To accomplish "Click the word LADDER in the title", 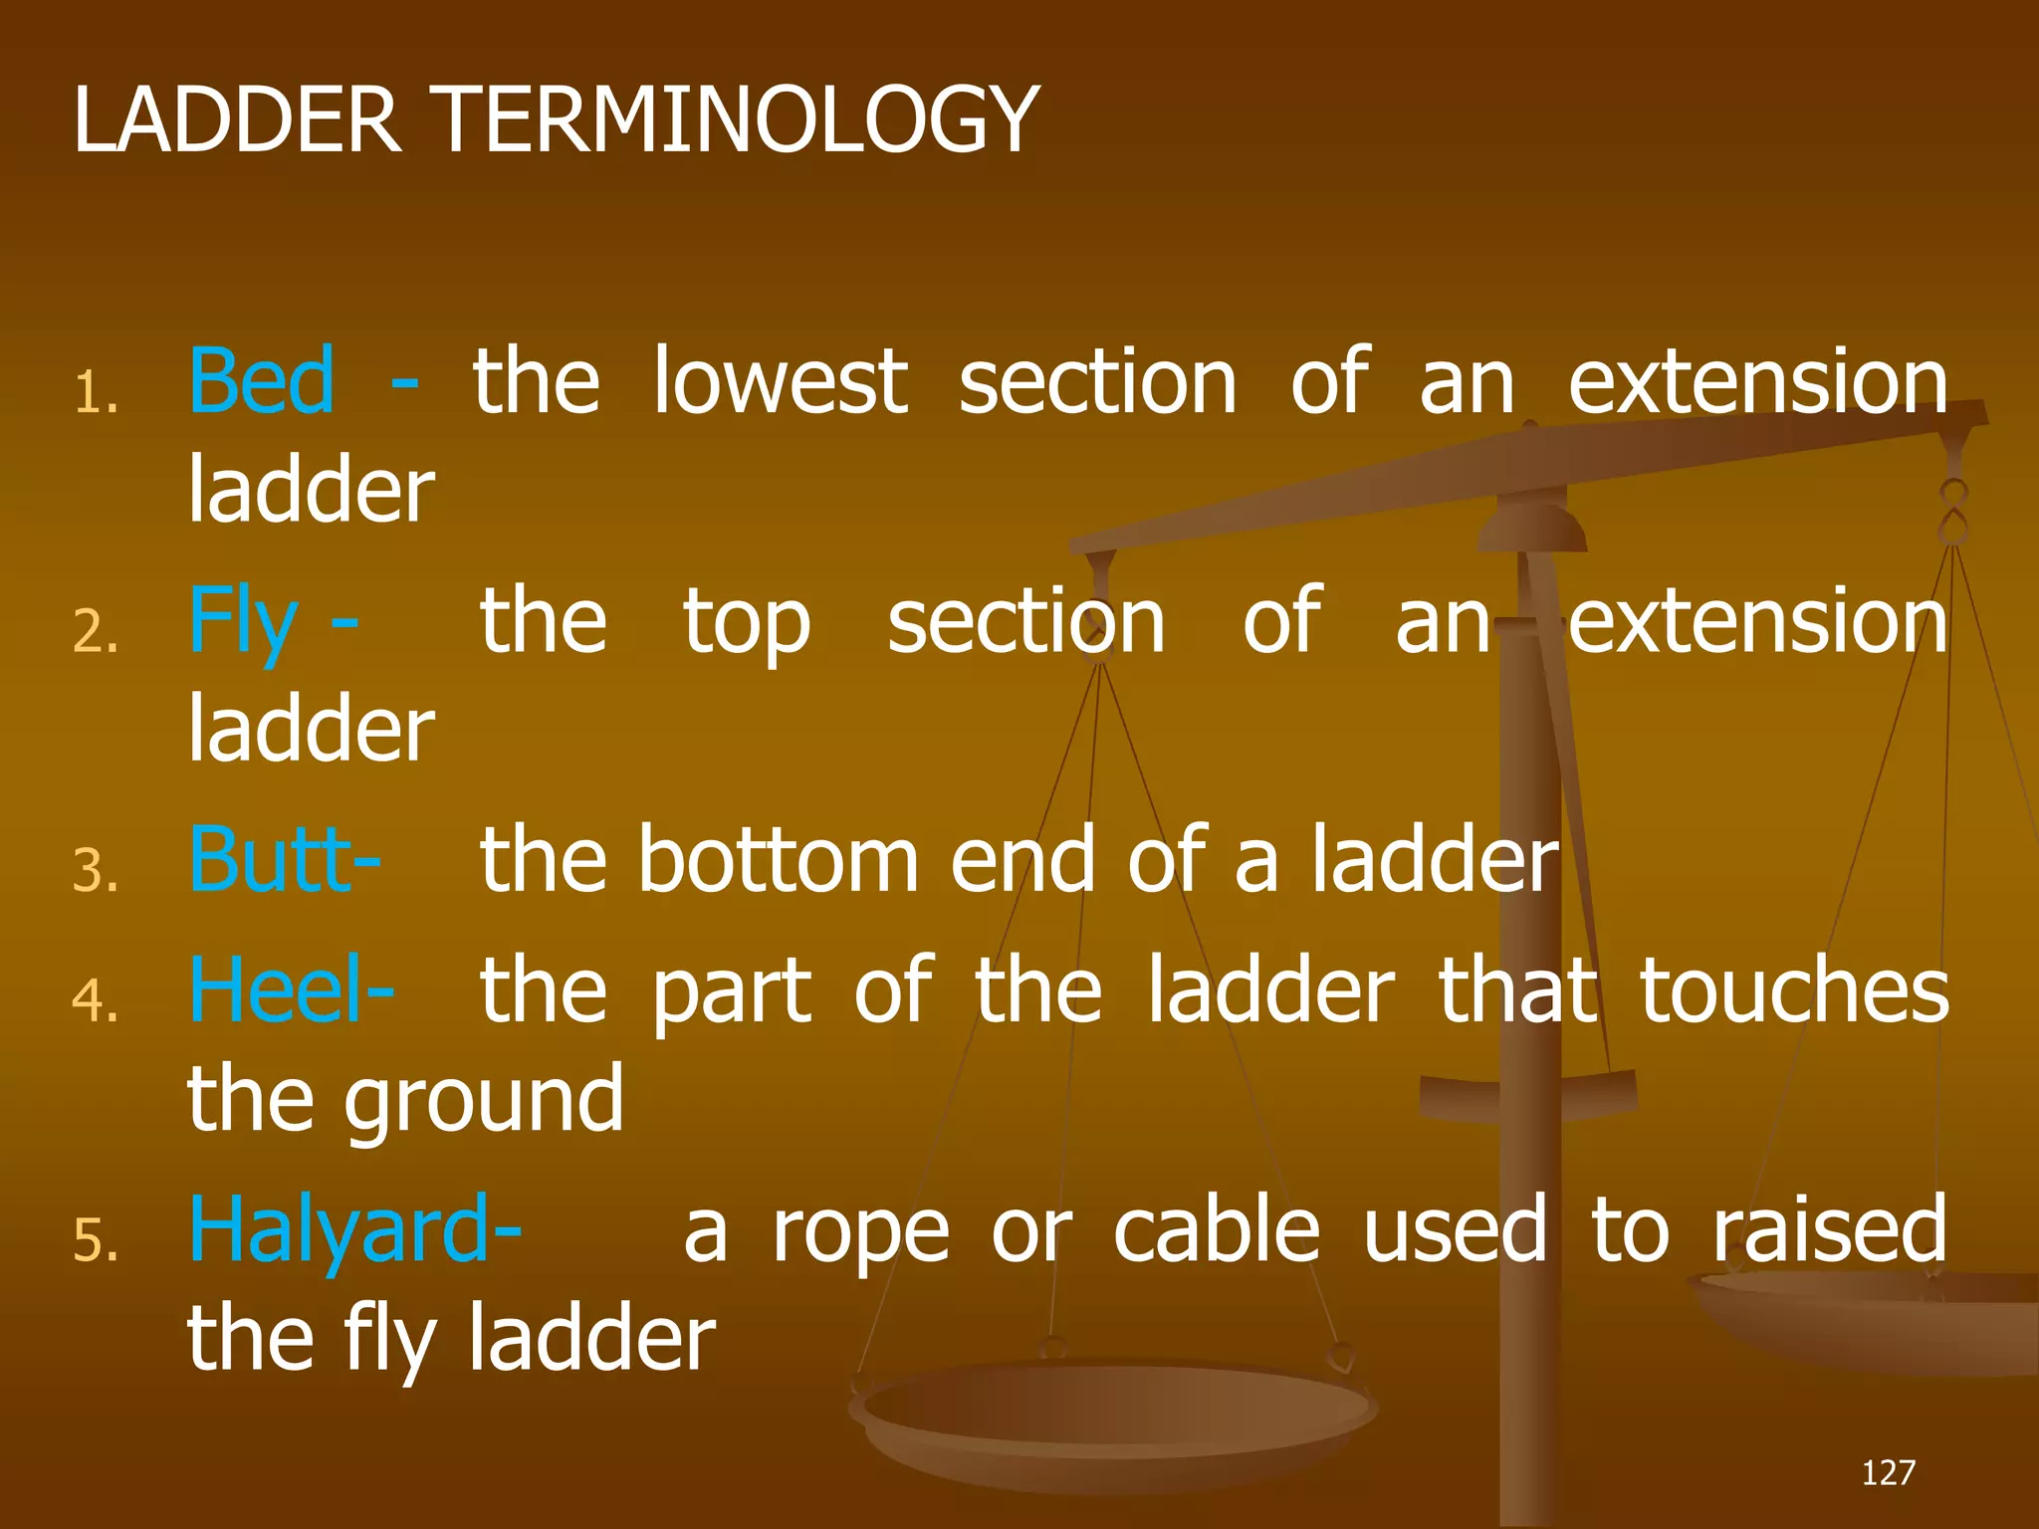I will click(x=237, y=120).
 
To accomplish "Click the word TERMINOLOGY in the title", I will click(x=738, y=120).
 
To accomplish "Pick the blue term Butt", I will click(x=271, y=859).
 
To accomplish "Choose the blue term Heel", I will click(x=277, y=990).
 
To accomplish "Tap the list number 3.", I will click(x=96, y=871).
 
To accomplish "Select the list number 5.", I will click(x=96, y=1242).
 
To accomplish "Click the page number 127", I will click(x=1888, y=1472).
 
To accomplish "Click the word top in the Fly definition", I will click(x=747, y=623).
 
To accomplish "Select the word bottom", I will click(x=779, y=859).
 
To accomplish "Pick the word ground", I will click(x=484, y=1101).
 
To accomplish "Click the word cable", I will click(x=1217, y=1231).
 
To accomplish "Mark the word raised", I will click(x=1830, y=1231).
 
